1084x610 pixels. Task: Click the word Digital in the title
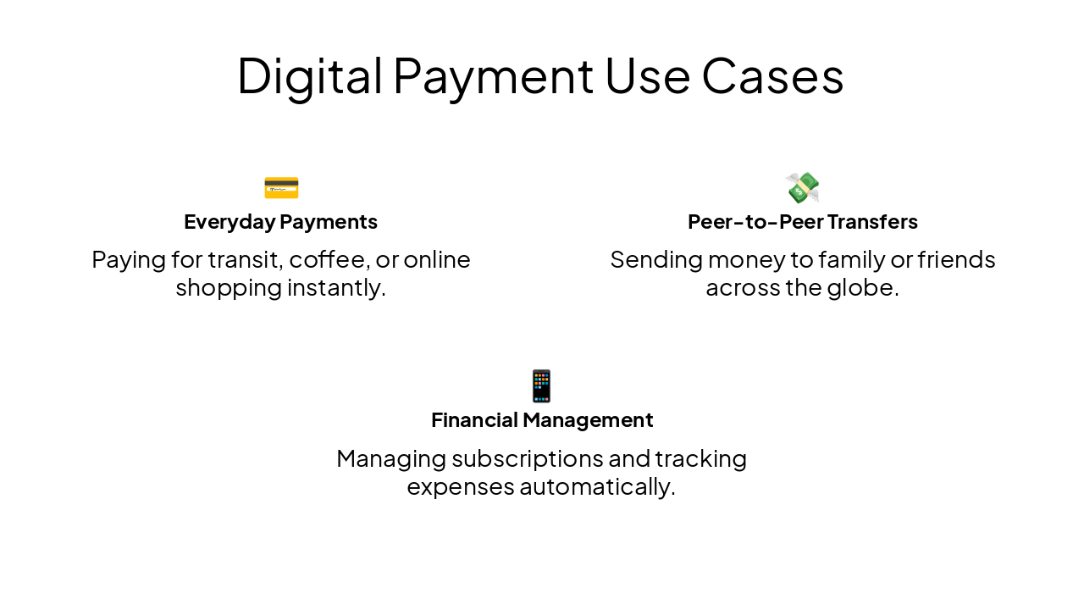pyautogui.click(x=309, y=75)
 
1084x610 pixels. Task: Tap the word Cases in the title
pyautogui.click(x=772, y=75)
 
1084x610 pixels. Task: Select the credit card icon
pyautogui.click(x=281, y=187)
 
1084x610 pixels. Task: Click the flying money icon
pyautogui.click(x=802, y=187)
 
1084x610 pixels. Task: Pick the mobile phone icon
pyautogui.click(x=541, y=385)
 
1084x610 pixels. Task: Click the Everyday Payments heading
pyautogui.click(x=280, y=222)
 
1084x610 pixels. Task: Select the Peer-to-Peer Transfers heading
pyautogui.click(x=802, y=222)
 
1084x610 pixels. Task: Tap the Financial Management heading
pyautogui.click(x=542, y=420)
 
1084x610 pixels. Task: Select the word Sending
pyautogui.click(x=655, y=259)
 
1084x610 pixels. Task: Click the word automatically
pyautogui.click(x=597, y=487)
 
